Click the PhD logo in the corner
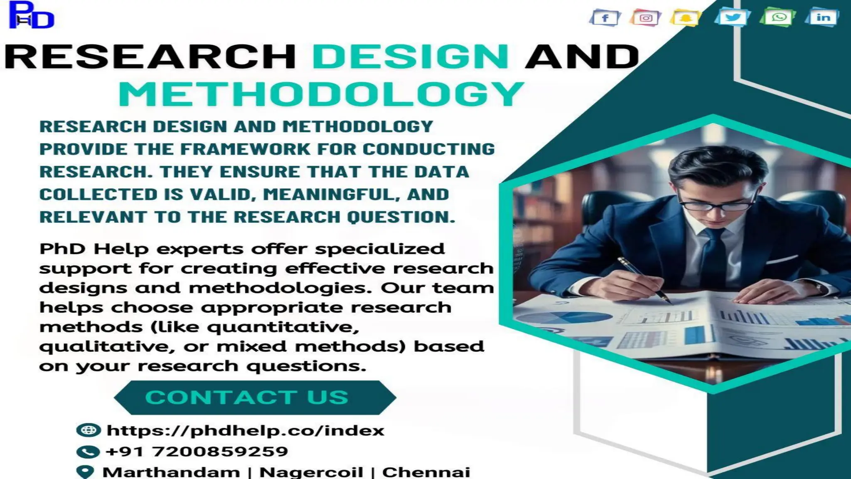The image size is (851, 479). (31, 15)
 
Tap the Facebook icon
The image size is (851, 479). (605, 18)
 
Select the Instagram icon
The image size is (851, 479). (645, 18)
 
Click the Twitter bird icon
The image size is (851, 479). (732, 17)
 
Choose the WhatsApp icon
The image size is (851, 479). (778, 17)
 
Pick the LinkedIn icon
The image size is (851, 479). (823, 17)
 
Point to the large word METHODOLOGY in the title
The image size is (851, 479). (321, 94)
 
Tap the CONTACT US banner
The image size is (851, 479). (255, 398)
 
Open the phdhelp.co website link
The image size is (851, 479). (245, 430)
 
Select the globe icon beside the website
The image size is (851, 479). (88, 430)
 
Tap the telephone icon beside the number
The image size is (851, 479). (88, 452)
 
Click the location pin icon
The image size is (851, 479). (86, 472)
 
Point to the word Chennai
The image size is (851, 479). (426, 472)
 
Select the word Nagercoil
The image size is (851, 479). (311, 472)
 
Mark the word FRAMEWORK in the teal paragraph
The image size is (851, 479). (245, 149)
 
